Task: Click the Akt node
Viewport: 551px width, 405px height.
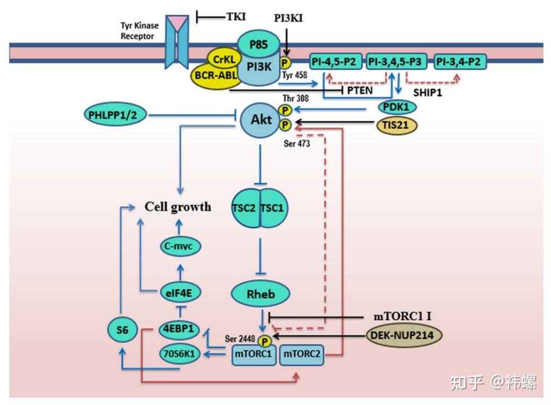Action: click(261, 120)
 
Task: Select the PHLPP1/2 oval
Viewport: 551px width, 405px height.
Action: click(115, 115)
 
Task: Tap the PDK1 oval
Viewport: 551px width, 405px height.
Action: click(397, 107)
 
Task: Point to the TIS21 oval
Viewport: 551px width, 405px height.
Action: click(397, 125)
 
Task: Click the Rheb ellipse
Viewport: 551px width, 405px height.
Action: click(261, 294)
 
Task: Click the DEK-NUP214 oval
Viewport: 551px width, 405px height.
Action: click(404, 335)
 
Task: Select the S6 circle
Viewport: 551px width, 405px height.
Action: click(122, 330)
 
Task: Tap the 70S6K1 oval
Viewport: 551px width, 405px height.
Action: click(180, 353)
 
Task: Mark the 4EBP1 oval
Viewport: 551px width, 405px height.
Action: click(179, 329)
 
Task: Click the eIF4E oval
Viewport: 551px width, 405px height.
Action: click(180, 292)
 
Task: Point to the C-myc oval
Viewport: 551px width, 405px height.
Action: click(180, 246)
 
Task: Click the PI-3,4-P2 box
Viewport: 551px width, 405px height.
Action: click(460, 62)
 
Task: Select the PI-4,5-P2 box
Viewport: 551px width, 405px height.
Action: click(335, 62)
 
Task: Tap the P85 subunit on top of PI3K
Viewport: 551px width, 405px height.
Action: click(259, 44)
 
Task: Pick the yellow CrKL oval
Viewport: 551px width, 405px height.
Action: click(224, 60)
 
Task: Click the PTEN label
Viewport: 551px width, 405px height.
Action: click(360, 90)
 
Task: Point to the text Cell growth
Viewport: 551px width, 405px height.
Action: click(178, 206)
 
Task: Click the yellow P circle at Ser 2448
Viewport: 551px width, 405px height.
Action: click(265, 341)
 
